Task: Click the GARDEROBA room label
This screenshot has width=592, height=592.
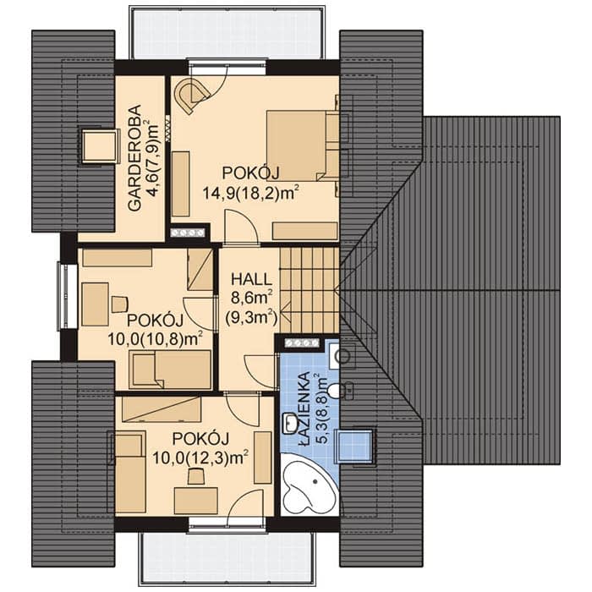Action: (x=134, y=157)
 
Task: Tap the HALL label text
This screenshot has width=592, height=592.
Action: (x=251, y=279)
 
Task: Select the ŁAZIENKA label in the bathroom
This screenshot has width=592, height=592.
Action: (x=304, y=408)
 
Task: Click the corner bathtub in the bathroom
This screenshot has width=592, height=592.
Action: (x=309, y=488)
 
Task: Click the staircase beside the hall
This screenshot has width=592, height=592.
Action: (x=310, y=290)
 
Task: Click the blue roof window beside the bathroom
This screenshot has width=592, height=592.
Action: (x=356, y=446)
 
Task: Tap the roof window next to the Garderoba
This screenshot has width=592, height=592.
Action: (x=99, y=145)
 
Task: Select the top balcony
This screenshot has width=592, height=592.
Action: (x=227, y=32)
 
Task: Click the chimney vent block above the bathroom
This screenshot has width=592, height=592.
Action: (x=301, y=343)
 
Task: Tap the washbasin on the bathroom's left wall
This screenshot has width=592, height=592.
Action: (x=290, y=423)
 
